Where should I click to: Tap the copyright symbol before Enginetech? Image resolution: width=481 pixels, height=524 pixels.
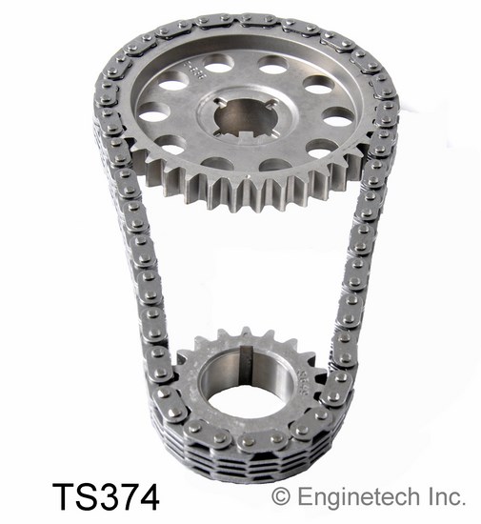click(x=281, y=496)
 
